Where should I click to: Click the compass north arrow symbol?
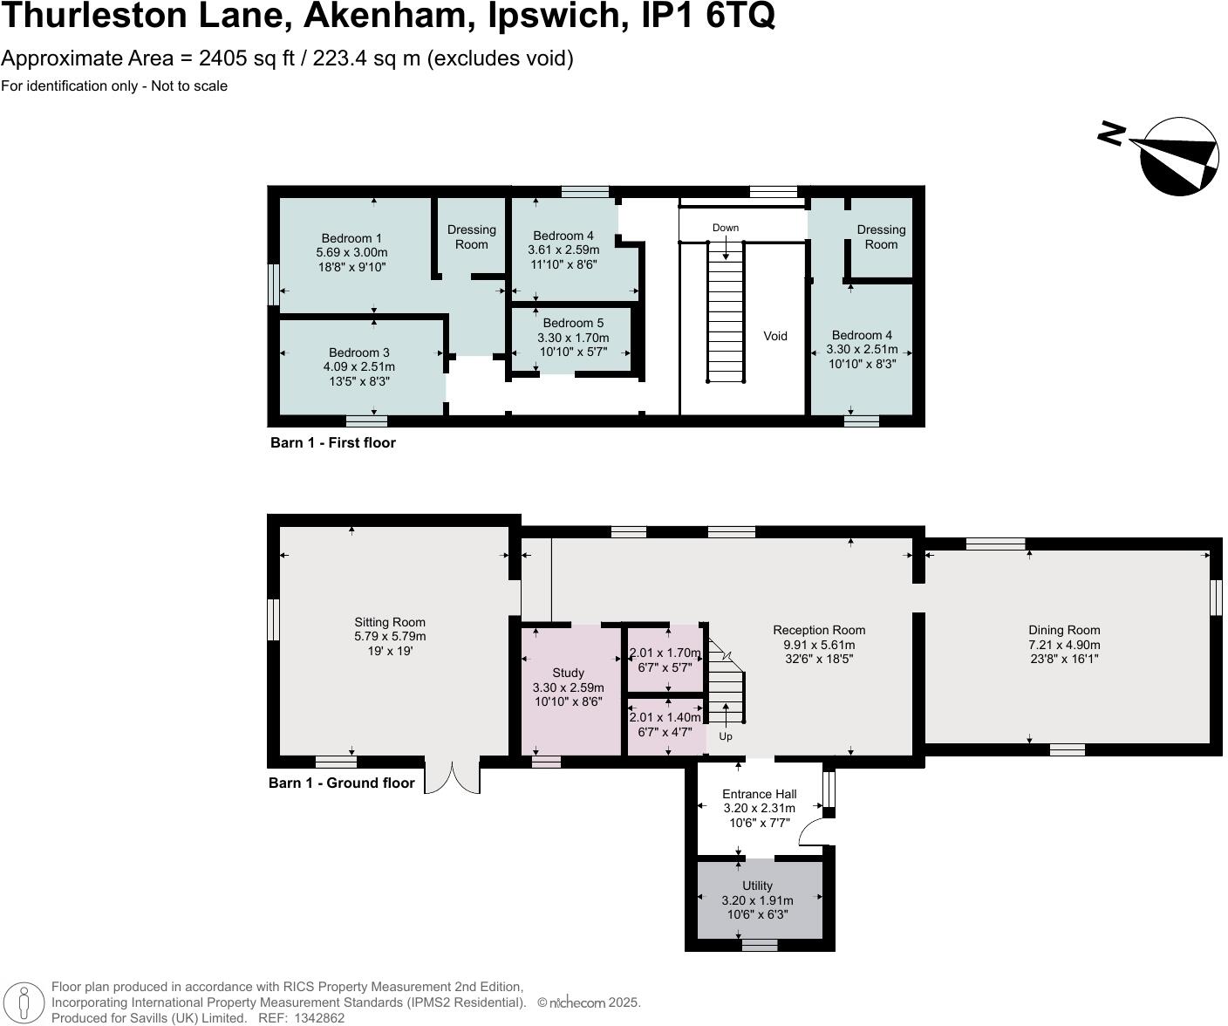coord(1179,156)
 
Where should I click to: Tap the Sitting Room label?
coord(390,622)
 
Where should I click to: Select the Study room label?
coord(568,673)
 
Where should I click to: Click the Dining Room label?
coord(1063,630)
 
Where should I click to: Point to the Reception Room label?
coord(818,630)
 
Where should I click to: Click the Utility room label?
coord(757,886)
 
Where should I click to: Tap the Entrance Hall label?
coord(759,794)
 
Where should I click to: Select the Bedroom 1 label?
coord(351,238)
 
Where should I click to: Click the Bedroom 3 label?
coord(358,352)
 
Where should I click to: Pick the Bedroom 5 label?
coord(573,323)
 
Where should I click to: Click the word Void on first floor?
coord(774,336)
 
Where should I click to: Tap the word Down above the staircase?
coord(725,228)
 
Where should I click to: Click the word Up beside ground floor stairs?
coord(725,736)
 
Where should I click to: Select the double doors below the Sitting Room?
coord(452,777)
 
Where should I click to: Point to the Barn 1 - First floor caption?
coord(332,442)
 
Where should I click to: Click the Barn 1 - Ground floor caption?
coord(341,783)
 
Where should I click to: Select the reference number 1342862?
coord(320,1017)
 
